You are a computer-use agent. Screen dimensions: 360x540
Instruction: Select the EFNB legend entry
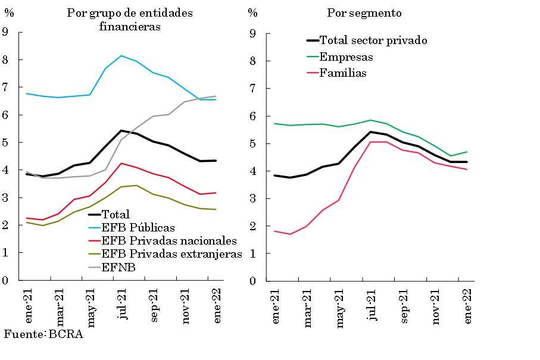(x=119, y=268)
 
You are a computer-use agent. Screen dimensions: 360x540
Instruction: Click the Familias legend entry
(x=343, y=73)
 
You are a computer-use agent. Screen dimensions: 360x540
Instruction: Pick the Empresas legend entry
(x=347, y=57)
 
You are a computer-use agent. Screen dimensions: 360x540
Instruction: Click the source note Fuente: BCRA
(x=43, y=334)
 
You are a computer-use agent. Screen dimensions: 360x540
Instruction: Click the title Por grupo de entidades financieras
(x=130, y=20)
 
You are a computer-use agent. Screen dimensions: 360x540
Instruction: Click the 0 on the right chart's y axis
(x=252, y=281)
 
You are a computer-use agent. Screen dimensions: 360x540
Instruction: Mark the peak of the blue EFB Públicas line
(x=121, y=56)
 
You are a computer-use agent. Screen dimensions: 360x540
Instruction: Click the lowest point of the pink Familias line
(x=290, y=234)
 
